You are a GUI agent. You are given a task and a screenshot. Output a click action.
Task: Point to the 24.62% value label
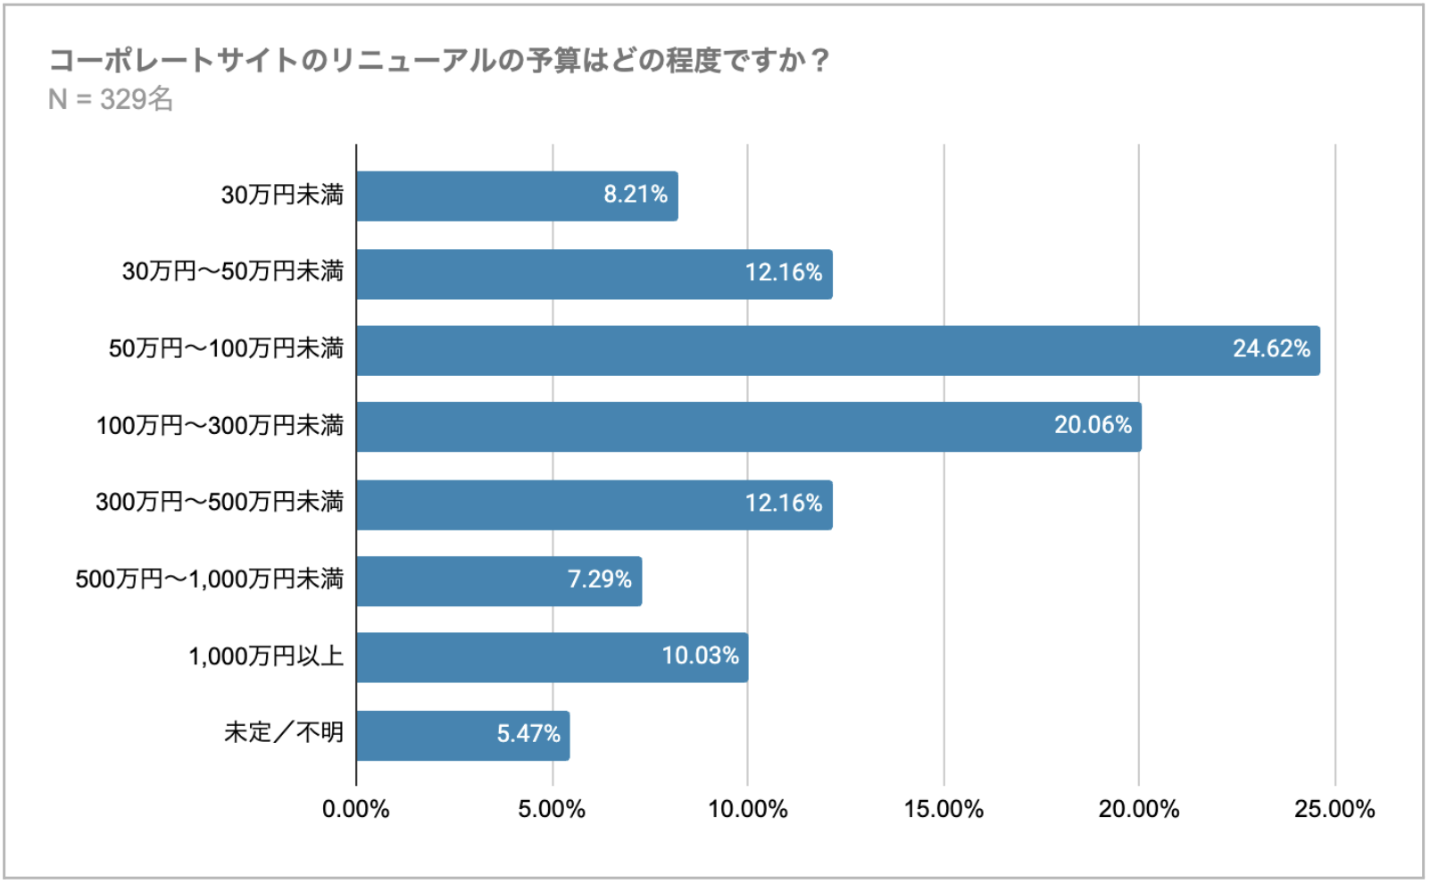[1271, 349]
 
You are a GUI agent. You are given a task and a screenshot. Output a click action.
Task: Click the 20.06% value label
[1093, 425]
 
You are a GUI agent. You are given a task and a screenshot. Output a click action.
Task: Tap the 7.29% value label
[599, 580]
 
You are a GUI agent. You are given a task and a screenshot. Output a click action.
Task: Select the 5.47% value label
[528, 734]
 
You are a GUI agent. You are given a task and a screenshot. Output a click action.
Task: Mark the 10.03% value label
[700, 656]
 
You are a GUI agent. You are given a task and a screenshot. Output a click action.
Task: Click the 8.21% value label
[636, 195]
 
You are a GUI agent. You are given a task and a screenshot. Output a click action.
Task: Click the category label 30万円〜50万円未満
[232, 271]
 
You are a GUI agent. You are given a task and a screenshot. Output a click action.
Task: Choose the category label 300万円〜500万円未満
[220, 502]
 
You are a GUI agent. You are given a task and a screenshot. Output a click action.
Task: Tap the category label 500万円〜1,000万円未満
[209, 580]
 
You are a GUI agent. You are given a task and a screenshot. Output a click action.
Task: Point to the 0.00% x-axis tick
[355, 810]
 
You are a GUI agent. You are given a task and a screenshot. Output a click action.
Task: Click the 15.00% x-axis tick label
[944, 810]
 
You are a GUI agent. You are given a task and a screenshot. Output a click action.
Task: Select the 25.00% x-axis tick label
[1334, 810]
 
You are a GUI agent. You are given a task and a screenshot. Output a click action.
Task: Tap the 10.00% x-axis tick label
[748, 810]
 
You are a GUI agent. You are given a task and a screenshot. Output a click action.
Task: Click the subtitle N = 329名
[111, 99]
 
